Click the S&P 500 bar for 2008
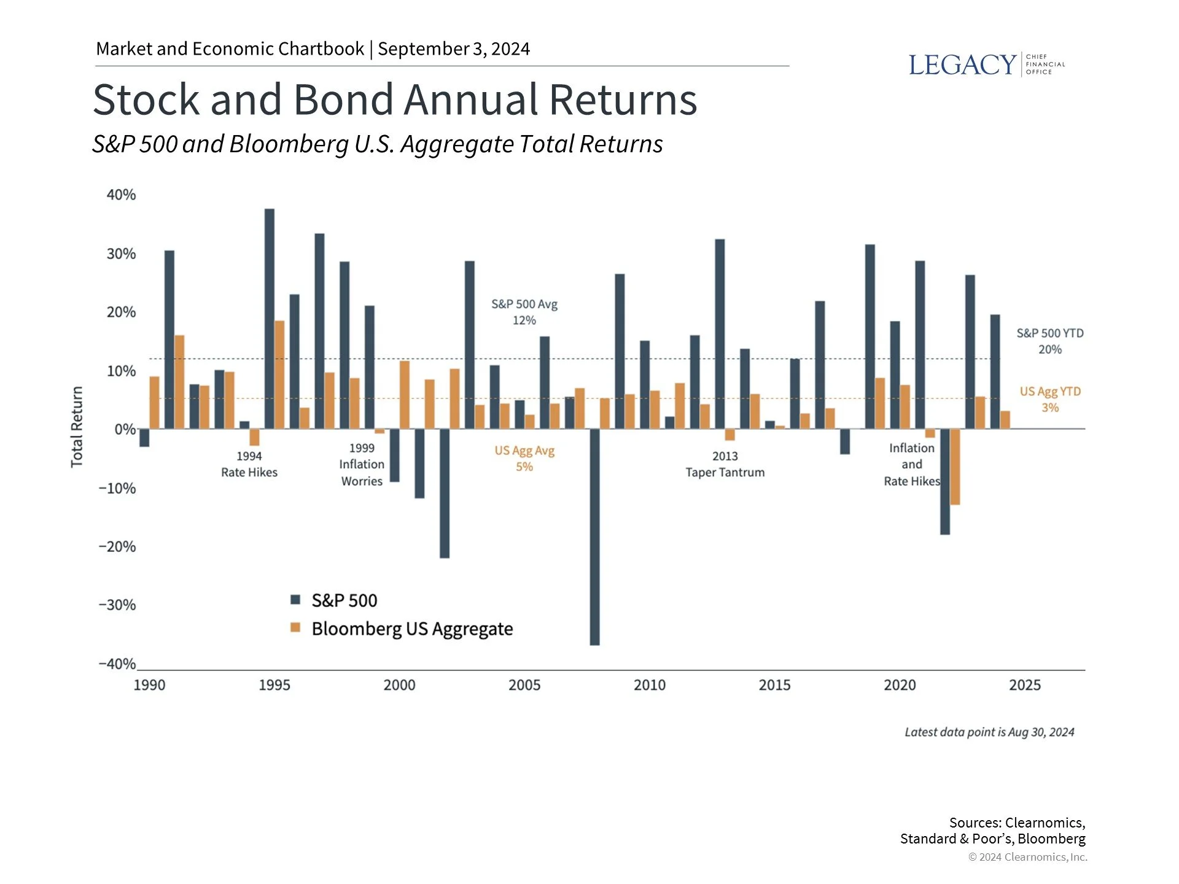coord(594,537)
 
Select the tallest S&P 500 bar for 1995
coord(270,319)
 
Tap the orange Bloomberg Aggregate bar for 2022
coord(955,467)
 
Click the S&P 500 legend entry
coord(334,600)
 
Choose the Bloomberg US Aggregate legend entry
coord(402,629)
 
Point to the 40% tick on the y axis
coord(121,195)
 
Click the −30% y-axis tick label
coord(117,605)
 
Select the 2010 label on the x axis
coord(649,685)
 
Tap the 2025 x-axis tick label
coord(1024,685)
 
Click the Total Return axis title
coord(77,427)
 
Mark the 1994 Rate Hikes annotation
coord(249,464)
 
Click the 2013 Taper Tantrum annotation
coord(725,464)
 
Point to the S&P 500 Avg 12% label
coord(524,312)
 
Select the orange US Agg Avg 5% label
coord(524,459)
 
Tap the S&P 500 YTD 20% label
coord(1049,341)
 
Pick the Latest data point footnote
coord(989,732)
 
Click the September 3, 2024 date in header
coord(454,48)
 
